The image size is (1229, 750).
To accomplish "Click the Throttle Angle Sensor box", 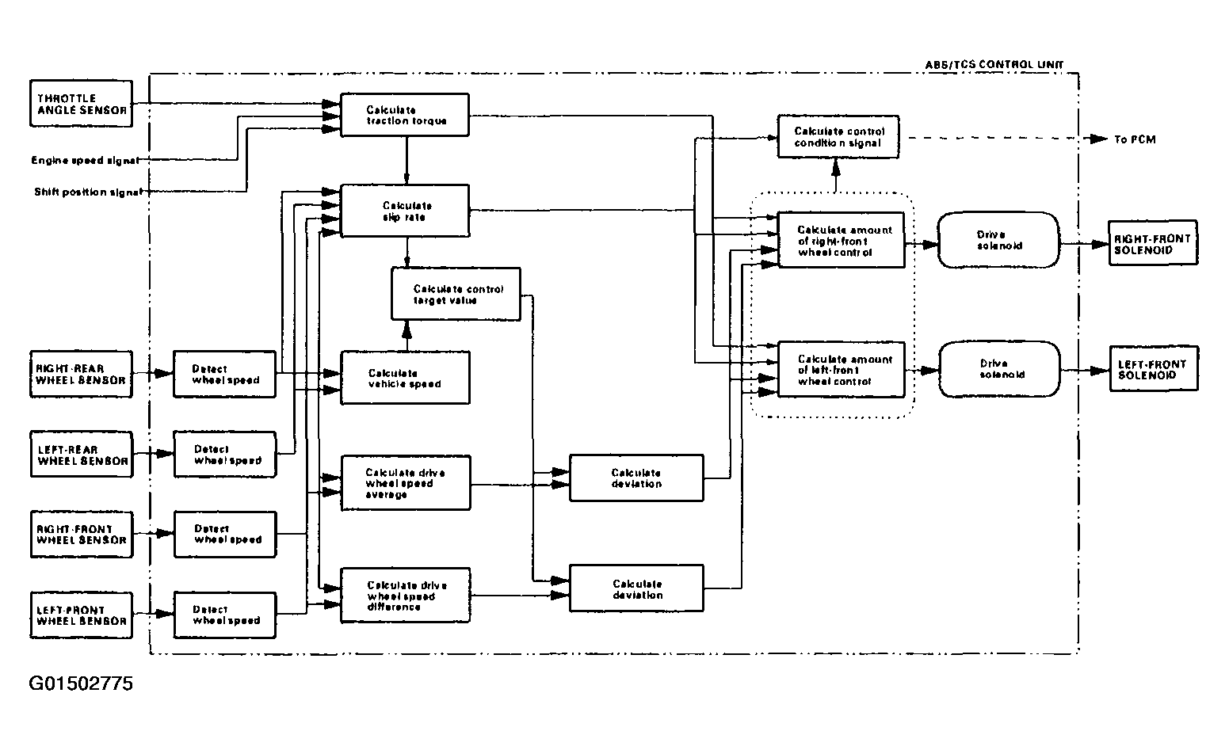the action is [x=81, y=104].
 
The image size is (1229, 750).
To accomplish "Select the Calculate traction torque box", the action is [x=405, y=115].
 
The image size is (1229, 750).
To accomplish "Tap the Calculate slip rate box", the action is [x=405, y=211].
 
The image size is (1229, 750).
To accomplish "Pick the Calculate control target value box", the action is [x=456, y=294].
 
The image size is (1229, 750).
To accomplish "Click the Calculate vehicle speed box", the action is [x=405, y=379].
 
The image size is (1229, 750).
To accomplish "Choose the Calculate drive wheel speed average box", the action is [x=406, y=483].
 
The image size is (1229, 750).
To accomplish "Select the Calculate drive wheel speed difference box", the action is [x=406, y=596].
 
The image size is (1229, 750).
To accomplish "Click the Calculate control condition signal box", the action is [x=838, y=137].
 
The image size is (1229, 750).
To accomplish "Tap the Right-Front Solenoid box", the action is [x=1153, y=243].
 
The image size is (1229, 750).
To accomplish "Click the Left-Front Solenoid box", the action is [x=1154, y=369].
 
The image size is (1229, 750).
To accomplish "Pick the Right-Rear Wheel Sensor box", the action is [x=81, y=375].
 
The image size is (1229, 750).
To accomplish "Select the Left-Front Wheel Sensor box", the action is [x=81, y=615].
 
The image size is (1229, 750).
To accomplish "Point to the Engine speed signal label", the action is [x=85, y=160].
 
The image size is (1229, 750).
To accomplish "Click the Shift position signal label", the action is [x=88, y=192].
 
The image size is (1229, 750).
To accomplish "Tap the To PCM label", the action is [x=1135, y=140].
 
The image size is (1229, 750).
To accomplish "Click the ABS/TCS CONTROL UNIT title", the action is [x=994, y=65].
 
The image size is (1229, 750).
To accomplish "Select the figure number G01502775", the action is [x=81, y=683].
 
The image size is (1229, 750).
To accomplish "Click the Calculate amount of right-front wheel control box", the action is [x=842, y=240].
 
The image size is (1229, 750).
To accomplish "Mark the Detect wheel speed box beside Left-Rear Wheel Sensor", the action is [x=225, y=455].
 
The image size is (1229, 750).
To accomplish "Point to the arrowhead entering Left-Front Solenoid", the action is [x=1100, y=371].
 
